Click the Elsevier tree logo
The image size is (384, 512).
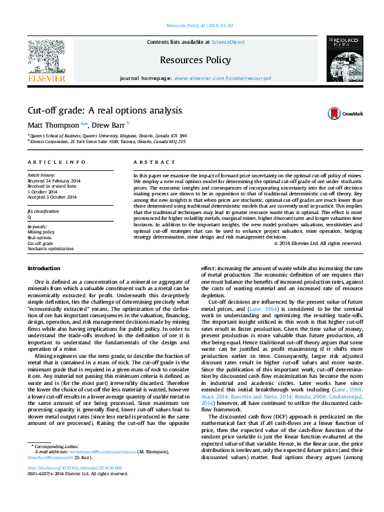[46, 56]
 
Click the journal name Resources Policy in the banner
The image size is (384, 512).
[196, 60]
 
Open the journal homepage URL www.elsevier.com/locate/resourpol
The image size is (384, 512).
[223, 78]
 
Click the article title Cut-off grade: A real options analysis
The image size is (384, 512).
[104, 110]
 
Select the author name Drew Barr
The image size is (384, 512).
[108, 124]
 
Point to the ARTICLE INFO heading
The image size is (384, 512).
[56, 162]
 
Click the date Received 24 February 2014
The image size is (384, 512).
[54, 181]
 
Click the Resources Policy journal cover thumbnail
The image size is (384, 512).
[342, 57]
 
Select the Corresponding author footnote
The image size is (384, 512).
[54, 481]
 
